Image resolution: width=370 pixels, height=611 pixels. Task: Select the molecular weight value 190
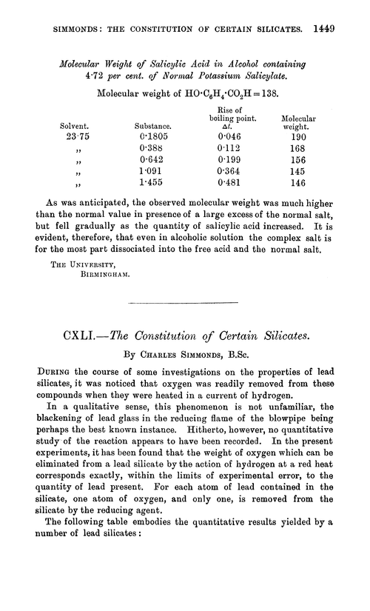point(299,138)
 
